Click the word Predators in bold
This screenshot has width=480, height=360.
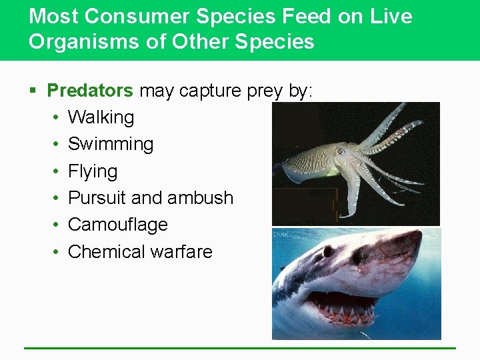tap(90, 91)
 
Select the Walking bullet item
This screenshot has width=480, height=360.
tap(101, 117)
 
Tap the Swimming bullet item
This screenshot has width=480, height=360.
tap(111, 144)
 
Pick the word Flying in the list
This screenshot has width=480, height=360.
tap(93, 171)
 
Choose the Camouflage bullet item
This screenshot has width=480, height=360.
tap(118, 225)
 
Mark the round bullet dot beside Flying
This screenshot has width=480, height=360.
tap(57, 171)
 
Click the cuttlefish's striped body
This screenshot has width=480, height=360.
tap(313, 161)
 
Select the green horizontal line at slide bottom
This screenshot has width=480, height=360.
tap(239, 348)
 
